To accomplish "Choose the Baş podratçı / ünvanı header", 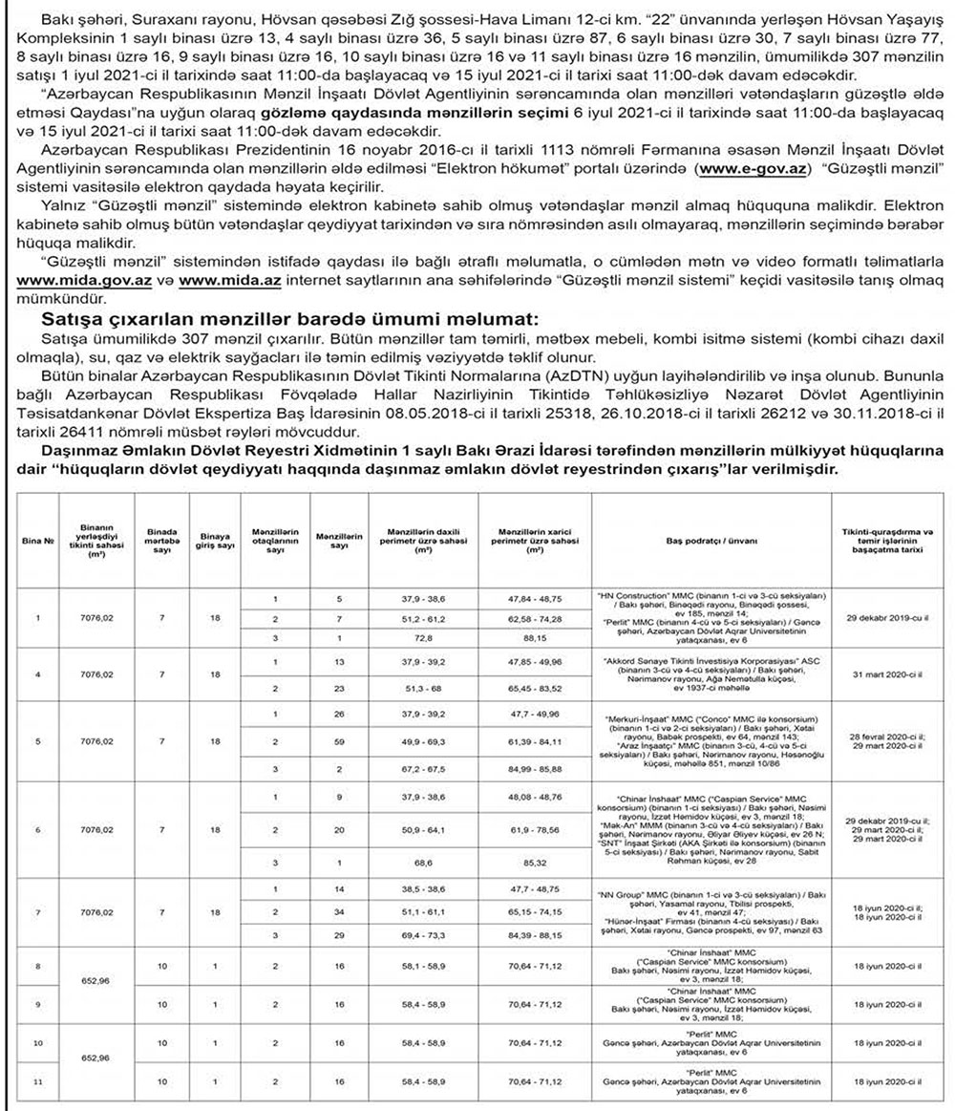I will tap(711, 542).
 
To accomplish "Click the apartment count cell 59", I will tap(338, 741).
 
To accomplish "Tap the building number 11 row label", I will tap(37, 1082).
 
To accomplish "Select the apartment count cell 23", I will tap(338, 688).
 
